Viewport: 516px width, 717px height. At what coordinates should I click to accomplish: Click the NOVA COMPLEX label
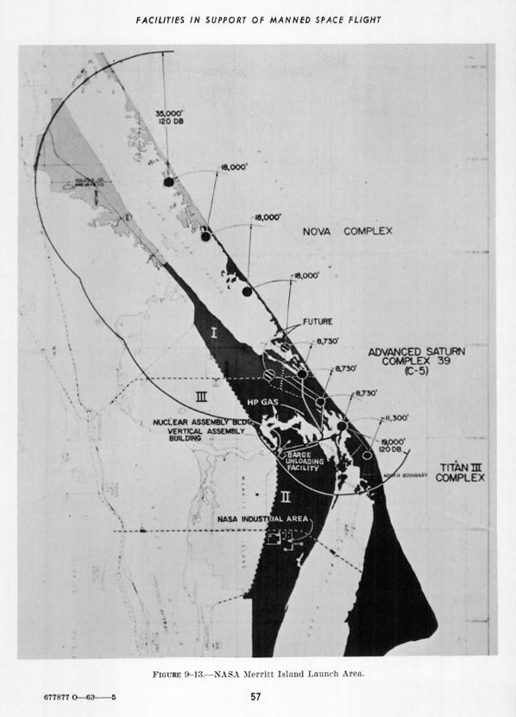(x=348, y=232)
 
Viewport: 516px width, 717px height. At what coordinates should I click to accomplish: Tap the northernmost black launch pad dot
(x=169, y=181)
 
